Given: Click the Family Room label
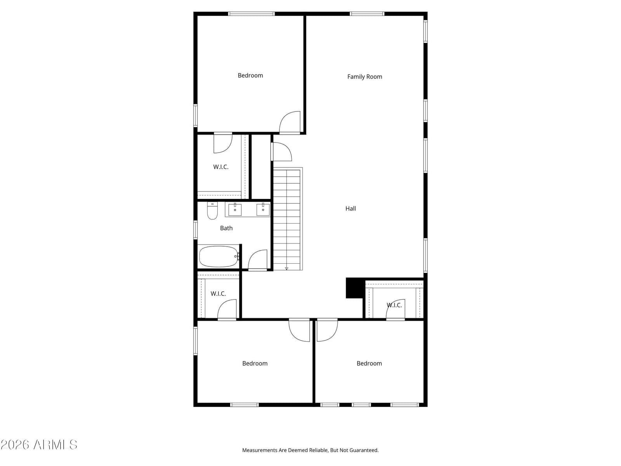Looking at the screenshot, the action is (364, 77).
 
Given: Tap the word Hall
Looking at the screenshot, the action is (350, 209).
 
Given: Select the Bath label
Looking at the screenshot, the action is (226, 228).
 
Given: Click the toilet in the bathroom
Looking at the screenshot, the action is (212, 210).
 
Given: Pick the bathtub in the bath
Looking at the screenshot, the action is (219, 256).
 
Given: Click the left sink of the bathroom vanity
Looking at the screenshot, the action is (235, 209).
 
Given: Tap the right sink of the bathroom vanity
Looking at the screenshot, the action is (263, 209).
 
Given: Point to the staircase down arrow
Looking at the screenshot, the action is (286, 268).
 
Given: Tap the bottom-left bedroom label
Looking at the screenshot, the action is (255, 363).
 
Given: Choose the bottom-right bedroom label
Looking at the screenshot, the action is (369, 363).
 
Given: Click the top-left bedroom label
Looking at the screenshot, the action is (250, 75).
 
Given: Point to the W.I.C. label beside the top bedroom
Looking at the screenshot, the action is (221, 167).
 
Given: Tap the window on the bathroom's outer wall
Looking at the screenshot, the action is (195, 230).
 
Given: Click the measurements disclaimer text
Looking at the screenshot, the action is (310, 450).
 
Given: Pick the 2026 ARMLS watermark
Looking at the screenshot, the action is (39, 445).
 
